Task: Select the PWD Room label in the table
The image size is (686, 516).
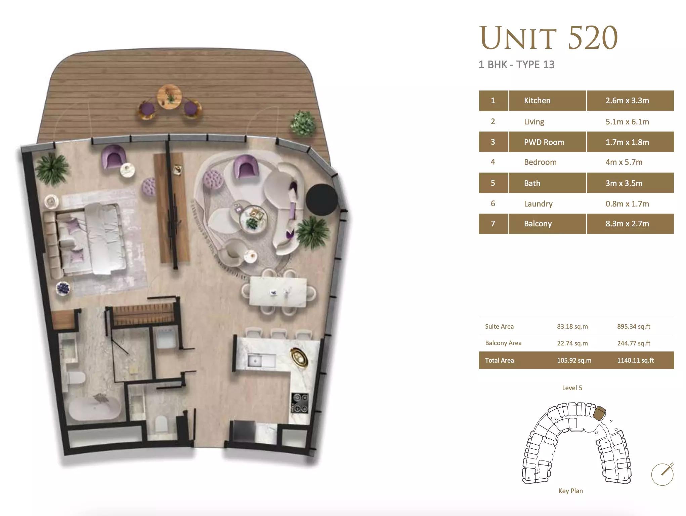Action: tap(544, 142)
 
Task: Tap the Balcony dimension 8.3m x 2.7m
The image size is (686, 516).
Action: tap(627, 224)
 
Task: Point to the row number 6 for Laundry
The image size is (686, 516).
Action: tap(493, 204)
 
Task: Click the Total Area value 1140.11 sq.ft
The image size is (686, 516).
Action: tap(635, 360)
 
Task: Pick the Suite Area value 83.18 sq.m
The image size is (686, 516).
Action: tap(572, 326)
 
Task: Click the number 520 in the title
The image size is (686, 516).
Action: tap(593, 38)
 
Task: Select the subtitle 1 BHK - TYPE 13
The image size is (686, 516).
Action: tap(516, 65)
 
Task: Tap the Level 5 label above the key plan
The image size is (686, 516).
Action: tap(572, 388)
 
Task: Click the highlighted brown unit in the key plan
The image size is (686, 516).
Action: tap(599, 412)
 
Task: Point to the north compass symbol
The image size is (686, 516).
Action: tap(662, 474)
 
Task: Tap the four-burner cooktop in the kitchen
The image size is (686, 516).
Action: tap(299, 403)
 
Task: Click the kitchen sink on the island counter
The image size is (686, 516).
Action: tap(261, 361)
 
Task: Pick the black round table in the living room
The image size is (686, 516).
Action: tap(322, 199)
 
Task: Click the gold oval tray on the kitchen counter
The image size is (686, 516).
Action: tap(299, 357)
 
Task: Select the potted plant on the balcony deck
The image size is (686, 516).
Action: tap(303, 124)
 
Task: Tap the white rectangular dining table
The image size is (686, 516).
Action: tap(278, 292)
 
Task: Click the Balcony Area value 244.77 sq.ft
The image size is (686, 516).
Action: tap(634, 343)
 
